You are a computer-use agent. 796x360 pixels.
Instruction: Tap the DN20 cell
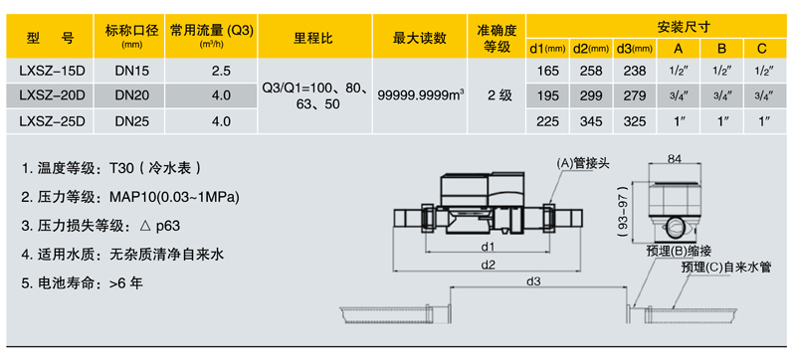(132, 95)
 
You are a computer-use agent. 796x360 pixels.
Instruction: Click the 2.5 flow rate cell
(221, 72)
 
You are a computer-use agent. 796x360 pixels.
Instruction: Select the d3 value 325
(634, 120)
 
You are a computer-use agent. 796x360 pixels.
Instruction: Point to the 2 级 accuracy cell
(497, 95)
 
